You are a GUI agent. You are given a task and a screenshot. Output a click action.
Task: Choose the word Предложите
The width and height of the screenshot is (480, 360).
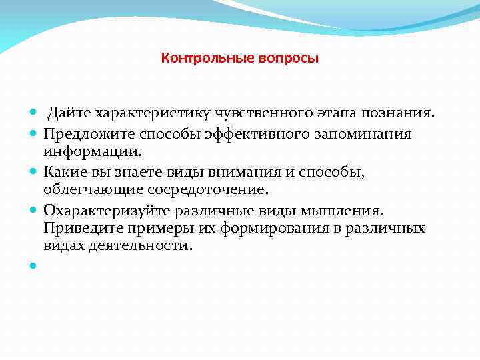[x=82, y=134]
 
